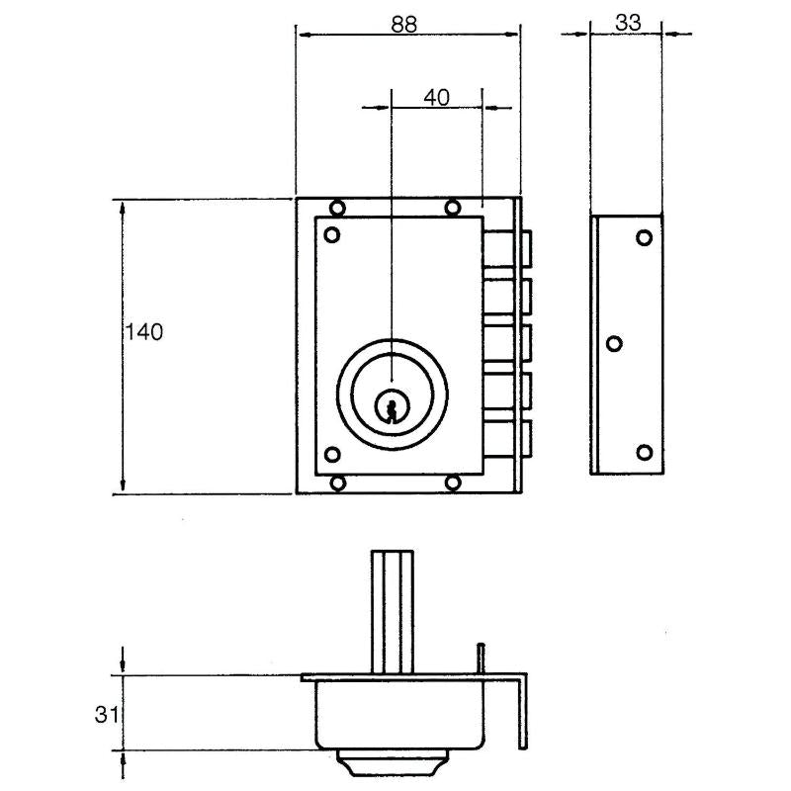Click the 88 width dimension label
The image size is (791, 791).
coord(403,26)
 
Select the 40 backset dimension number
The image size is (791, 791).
coord(436,97)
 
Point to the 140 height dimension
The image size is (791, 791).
coord(143,332)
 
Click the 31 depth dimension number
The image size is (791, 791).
coord(109,714)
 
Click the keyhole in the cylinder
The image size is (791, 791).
coord(393,406)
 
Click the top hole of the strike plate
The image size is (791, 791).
coord(644,237)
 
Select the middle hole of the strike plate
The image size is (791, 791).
coord(613,344)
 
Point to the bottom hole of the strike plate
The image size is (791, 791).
coord(644,452)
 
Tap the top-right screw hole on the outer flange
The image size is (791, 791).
coord(452,208)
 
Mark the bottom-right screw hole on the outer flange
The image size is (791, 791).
coord(452,483)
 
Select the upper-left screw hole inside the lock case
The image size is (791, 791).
coord(332,235)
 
